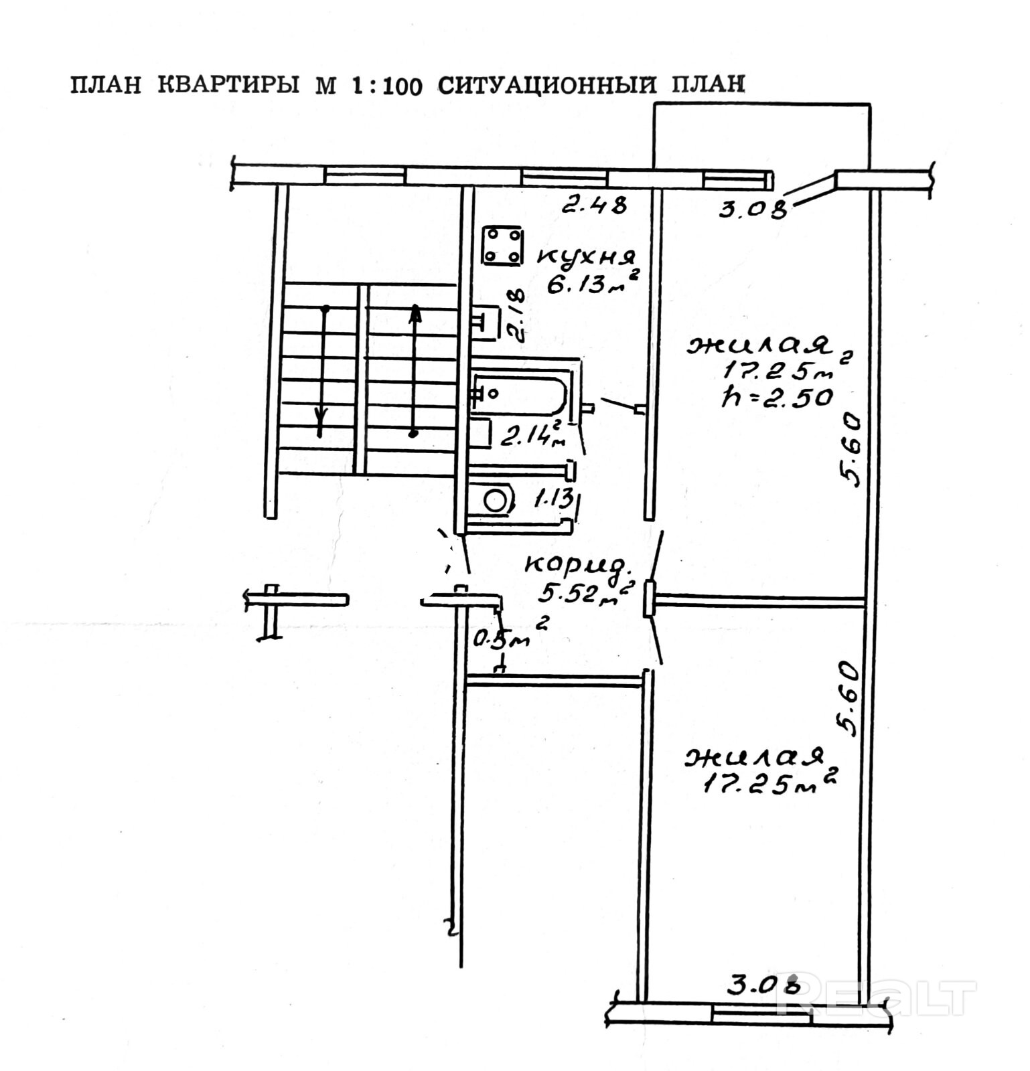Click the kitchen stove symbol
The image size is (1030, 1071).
[502, 246]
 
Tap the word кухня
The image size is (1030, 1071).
[586, 256]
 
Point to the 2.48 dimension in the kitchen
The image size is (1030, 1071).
[594, 204]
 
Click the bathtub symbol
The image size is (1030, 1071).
[520, 394]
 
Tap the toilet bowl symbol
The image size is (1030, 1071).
[496, 500]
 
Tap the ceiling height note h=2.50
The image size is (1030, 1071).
[777, 398]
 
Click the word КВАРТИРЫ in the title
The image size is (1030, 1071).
[228, 86]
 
